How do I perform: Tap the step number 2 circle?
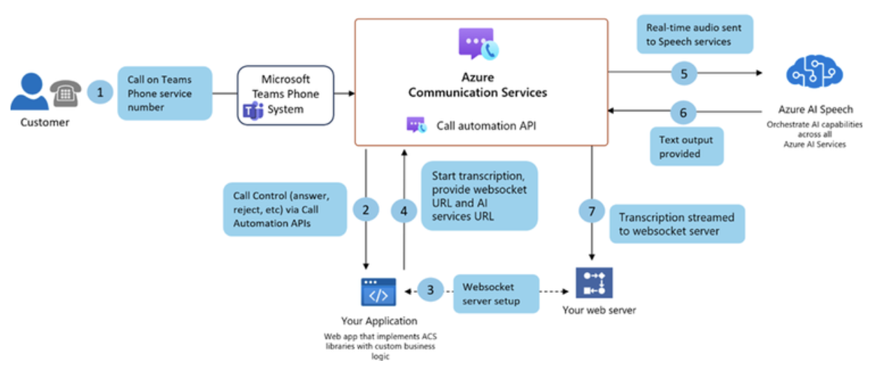coord(366,209)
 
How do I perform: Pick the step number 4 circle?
coord(404,209)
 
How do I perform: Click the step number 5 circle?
coord(684,73)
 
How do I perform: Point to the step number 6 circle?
coord(684,111)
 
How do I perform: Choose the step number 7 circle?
coord(592,210)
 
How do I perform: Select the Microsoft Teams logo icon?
coord(252,110)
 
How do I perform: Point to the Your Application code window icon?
coord(378,292)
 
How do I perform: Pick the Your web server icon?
coord(594,283)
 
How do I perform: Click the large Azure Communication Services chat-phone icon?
coord(476,46)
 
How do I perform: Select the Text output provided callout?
coord(685,146)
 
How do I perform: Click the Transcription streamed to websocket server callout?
coord(676,224)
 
